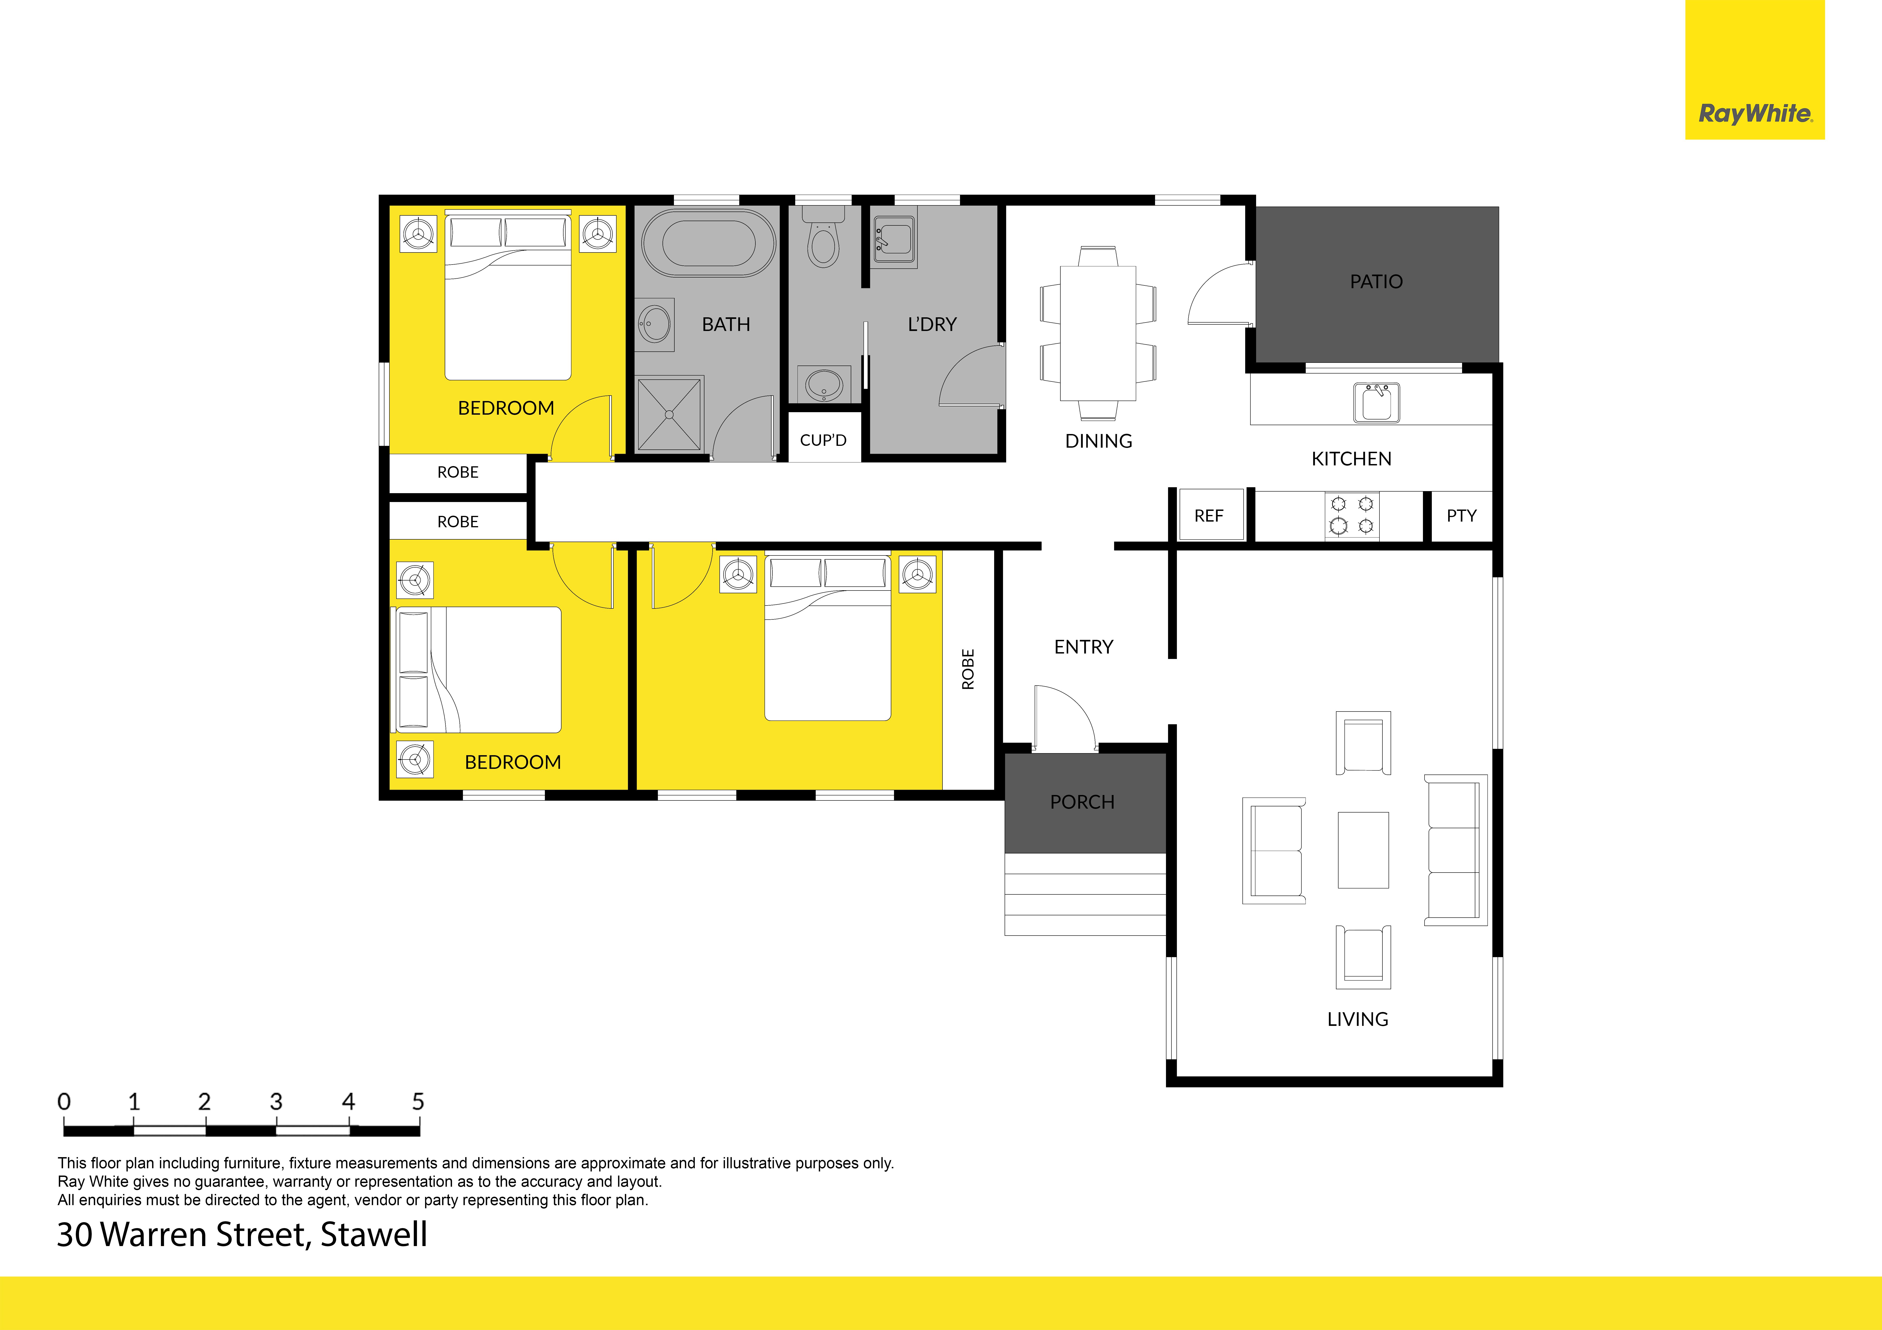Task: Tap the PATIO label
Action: (1376, 282)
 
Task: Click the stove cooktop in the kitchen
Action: (1352, 515)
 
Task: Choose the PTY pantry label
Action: (1461, 515)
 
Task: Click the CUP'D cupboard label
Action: (823, 440)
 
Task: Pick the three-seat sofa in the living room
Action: (1455, 850)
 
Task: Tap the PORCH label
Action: (1082, 802)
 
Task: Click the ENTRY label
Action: (1084, 647)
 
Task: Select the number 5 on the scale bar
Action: (418, 1101)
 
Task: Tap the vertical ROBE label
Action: (968, 669)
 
